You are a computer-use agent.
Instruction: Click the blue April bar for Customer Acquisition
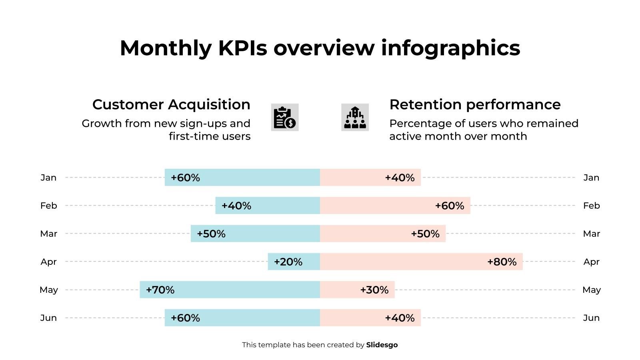click(294, 262)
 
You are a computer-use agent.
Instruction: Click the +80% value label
click(502, 262)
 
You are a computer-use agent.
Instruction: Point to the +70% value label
click(160, 290)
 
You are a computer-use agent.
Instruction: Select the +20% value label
click(288, 262)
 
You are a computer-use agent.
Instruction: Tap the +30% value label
click(374, 290)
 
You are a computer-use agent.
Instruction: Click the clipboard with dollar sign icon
click(285, 117)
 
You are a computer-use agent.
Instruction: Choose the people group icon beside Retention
click(355, 117)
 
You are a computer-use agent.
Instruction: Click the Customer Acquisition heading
click(171, 104)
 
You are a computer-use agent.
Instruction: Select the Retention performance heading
click(475, 104)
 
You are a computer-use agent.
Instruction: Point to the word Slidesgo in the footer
click(382, 345)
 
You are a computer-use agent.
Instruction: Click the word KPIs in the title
click(242, 48)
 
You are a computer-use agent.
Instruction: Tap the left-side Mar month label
click(49, 234)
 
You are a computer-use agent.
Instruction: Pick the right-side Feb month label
click(592, 206)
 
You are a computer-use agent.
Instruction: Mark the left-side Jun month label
click(48, 318)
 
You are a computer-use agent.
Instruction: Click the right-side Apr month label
click(592, 262)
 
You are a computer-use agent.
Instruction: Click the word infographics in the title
click(450, 48)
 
